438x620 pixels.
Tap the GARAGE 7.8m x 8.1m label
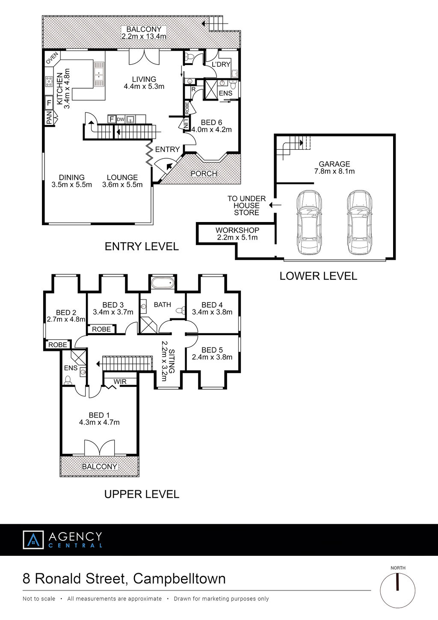click(334, 167)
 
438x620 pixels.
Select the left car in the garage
click(309, 222)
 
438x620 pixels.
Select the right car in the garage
click(359, 222)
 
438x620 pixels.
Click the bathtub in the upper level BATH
click(163, 283)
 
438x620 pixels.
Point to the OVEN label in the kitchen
click(52, 58)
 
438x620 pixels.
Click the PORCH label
click(204, 174)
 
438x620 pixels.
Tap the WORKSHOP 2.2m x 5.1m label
click(237, 234)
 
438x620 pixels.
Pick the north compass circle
click(398, 590)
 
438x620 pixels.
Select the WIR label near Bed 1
click(120, 382)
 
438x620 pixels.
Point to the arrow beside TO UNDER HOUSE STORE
click(275, 205)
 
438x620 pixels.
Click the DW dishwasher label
click(121, 119)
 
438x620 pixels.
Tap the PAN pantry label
click(49, 117)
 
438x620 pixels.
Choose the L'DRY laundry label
click(221, 64)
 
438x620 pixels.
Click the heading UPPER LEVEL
click(142, 494)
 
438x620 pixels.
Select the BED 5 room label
click(212, 353)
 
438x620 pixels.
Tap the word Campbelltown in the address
click(179, 579)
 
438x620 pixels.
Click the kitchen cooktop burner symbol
click(49, 82)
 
